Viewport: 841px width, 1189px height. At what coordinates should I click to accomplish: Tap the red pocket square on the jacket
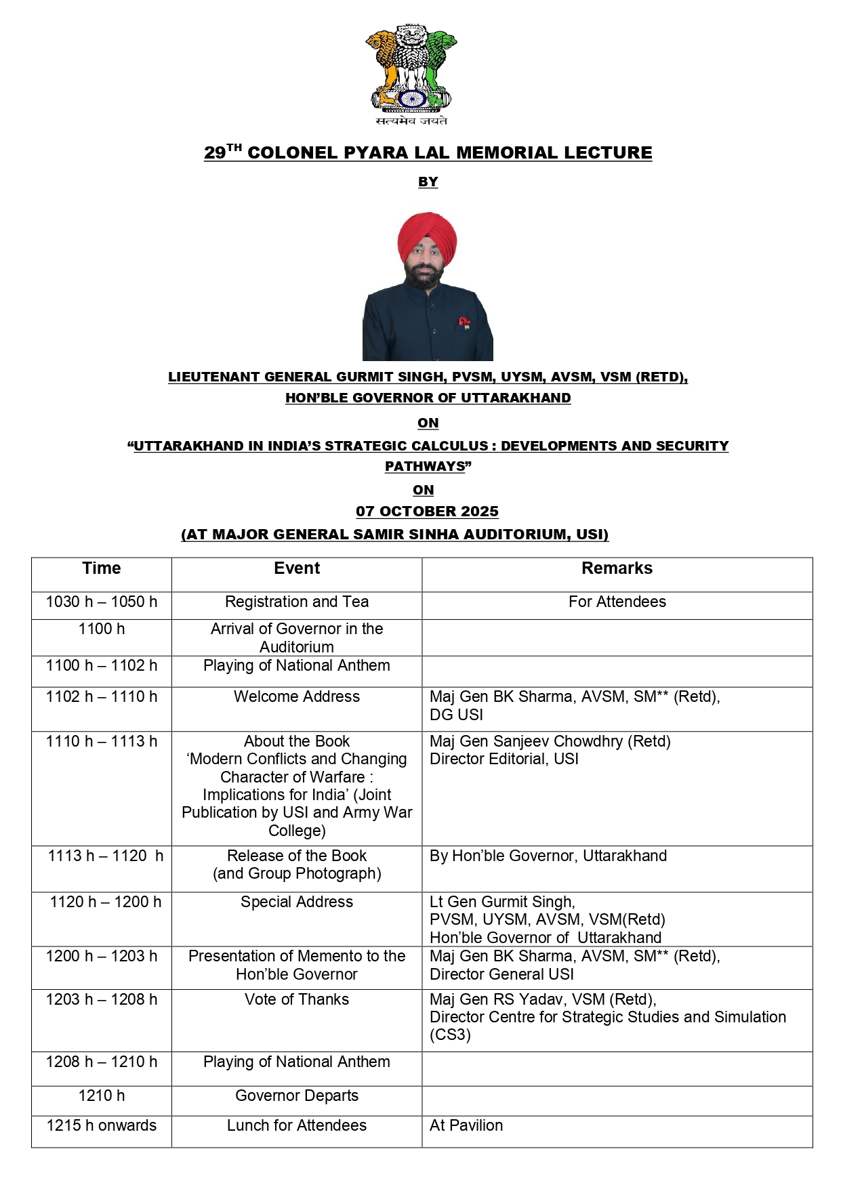tap(464, 321)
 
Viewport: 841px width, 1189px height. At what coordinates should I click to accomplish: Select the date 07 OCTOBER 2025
tap(427, 512)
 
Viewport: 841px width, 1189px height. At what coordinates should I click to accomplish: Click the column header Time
tap(102, 568)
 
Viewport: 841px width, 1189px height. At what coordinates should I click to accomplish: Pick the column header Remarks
tap(617, 568)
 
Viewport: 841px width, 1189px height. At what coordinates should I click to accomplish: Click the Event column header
tap(297, 568)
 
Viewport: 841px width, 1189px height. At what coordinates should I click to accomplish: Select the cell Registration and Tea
tap(297, 602)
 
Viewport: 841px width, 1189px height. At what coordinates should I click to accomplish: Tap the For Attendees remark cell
tap(617, 602)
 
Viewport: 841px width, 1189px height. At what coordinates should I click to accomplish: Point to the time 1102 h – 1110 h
tap(102, 696)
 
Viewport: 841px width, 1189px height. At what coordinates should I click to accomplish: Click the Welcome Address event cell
tap(297, 696)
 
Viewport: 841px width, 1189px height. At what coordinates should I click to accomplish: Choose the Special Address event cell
tap(297, 902)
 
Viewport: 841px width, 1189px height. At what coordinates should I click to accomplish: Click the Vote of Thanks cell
tap(297, 999)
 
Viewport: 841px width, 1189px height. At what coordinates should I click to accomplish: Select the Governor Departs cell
tap(297, 1096)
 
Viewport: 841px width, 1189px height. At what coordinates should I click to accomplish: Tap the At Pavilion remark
tap(466, 1125)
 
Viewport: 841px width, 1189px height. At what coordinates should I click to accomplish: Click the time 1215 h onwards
tap(102, 1125)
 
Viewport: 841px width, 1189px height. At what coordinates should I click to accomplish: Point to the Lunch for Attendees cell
tap(297, 1125)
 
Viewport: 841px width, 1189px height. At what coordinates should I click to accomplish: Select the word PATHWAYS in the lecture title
tap(425, 467)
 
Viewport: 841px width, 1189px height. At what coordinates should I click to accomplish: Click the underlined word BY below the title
tap(428, 182)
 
